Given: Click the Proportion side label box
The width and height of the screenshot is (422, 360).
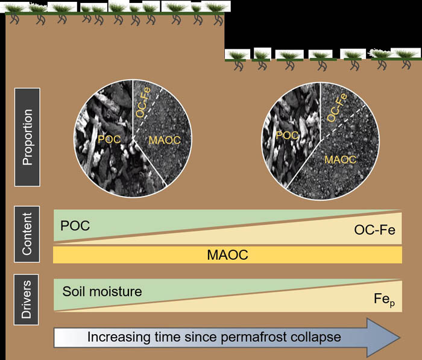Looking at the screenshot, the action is pyautogui.click(x=27, y=137).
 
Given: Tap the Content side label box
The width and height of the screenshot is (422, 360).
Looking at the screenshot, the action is pyautogui.click(x=27, y=234).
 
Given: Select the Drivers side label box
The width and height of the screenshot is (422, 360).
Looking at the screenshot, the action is pyautogui.click(x=26, y=300).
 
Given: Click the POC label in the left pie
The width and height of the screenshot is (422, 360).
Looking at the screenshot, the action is pyautogui.click(x=109, y=139).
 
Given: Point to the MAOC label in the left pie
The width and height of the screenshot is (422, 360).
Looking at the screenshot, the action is pyautogui.click(x=165, y=140).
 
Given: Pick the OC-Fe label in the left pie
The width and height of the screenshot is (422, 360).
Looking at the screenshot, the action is pyautogui.click(x=143, y=102).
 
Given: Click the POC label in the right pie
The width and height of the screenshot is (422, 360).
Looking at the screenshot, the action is pyautogui.click(x=287, y=136).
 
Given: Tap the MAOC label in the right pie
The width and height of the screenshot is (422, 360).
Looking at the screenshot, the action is pyautogui.click(x=341, y=160).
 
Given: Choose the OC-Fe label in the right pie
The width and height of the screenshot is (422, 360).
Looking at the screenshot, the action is pyautogui.click(x=337, y=107).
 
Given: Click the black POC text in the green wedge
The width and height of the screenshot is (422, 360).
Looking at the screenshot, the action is pyautogui.click(x=75, y=226).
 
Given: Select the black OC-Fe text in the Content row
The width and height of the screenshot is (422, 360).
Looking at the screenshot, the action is pyautogui.click(x=374, y=230).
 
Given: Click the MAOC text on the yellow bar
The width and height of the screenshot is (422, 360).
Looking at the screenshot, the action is pyautogui.click(x=227, y=254).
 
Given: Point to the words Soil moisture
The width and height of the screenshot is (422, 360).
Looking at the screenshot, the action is pyautogui.click(x=102, y=291).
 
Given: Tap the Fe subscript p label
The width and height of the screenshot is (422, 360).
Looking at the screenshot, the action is pyautogui.click(x=385, y=300).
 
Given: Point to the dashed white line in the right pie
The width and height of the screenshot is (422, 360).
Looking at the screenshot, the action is pyautogui.click(x=344, y=122).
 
